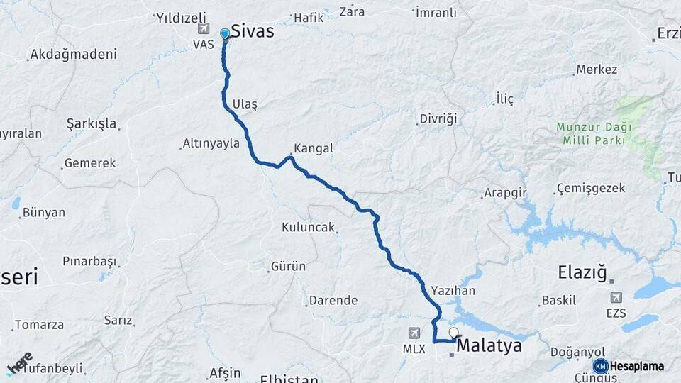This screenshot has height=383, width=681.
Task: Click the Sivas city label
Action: pyautogui.click(x=253, y=31)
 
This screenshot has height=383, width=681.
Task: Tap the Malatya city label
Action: pyautogui.click(x=489, y=346)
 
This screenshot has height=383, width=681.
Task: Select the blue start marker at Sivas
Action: pyautogui.click(x=225, y=33)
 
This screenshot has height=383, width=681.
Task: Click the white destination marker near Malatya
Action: pyautogui.click(x=453, y=332)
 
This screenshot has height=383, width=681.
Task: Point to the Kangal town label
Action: pyautogui.click(x=313, y=149)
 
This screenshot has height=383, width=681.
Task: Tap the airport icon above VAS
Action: pyautogui.click(x=205, y=28)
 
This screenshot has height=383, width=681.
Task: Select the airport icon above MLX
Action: pyautogui.click(x=414, y=333)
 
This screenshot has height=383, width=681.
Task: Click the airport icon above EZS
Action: pyautogui.click(x=616, y=297)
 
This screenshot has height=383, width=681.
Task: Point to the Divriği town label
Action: pyautogui.click(x=439, y=118)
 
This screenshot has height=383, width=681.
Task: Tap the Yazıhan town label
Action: pyautogui.click(x=453, y=291)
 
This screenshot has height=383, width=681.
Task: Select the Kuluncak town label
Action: pyautogui.click(x=308, y=228)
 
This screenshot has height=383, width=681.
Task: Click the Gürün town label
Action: pyautogui.click(x=288, y=267)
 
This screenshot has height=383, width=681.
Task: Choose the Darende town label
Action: pyautogui.click(x=333, y=300)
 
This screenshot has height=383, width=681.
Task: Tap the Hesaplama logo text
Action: pyautogui.click(x=636, y=366)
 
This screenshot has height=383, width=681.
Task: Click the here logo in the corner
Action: pyautogui.click(x=19, y=363)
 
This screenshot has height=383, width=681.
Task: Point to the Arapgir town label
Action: pyautogui.click(x=504, y=193)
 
